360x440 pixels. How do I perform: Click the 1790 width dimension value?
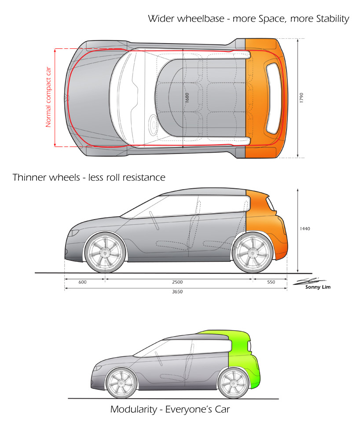pyautogui.click(x=301, y=98)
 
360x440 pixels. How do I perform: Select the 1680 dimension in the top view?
pyautogui.click(x=187, y=98)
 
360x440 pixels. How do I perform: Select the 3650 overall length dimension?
pyautogui.click(x=177, y=292)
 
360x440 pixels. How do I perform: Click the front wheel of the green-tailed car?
pyautogui.click(x=121, y=381)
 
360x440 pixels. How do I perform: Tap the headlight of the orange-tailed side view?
pyautogui.click(x=74, y=233)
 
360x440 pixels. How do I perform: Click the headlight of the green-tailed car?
pyautogui.click(x=97, y=368)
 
